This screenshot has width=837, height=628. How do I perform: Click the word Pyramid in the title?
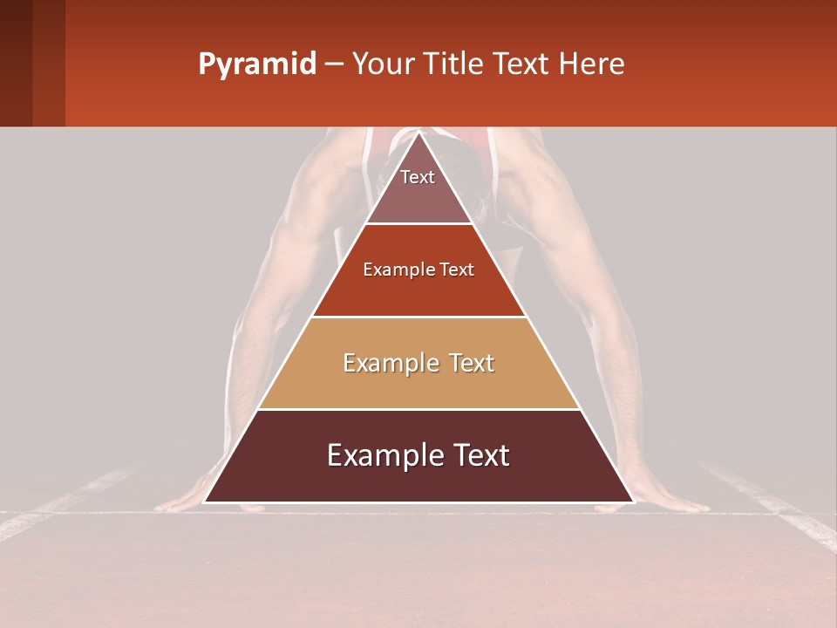[x=257, y=65]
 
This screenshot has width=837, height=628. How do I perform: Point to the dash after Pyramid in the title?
[x=333, y=65]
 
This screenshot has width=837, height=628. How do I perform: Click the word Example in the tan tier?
[x=383, y=363]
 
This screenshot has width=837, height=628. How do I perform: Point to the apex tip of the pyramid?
[x=418, y=133]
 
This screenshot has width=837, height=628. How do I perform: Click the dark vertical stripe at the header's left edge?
[x=16, y=63]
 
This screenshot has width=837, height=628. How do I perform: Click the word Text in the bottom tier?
[x=475, y=455]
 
